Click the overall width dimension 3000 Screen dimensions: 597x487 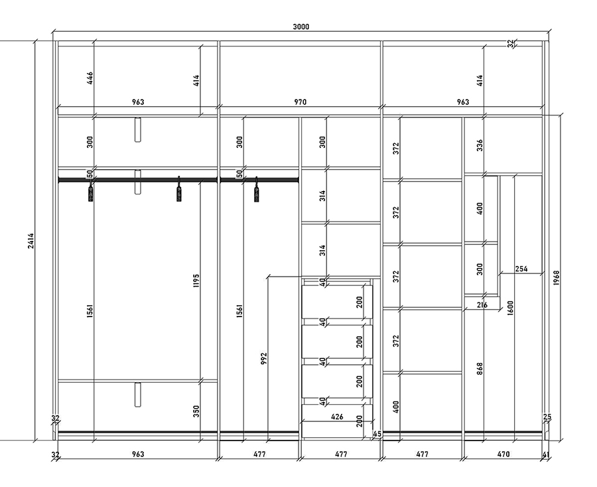point(300,27)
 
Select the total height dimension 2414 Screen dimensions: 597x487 point(31,241)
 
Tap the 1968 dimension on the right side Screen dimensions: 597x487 point(557,278)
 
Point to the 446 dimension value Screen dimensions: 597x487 point(90,78)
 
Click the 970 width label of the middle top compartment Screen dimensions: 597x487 point(300,102)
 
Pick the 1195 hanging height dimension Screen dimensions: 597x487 point(196,281)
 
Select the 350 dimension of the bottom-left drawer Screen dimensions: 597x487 point(196,411)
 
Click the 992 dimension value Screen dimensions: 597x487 point(264,358)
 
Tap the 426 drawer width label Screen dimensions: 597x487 point(337,417)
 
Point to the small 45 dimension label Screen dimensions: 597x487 point(377,434)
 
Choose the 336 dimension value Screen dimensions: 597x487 point(480,145)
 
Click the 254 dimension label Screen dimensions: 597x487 point(521,269)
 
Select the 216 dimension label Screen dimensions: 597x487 point(482,305)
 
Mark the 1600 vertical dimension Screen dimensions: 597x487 point(511,308)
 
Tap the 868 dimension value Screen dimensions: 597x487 point(480,369)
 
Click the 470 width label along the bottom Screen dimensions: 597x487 point(503,454)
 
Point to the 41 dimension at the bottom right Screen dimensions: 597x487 point(546,454)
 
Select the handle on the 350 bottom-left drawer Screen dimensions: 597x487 point(137,395)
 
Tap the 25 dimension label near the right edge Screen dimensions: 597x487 point(547,417)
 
